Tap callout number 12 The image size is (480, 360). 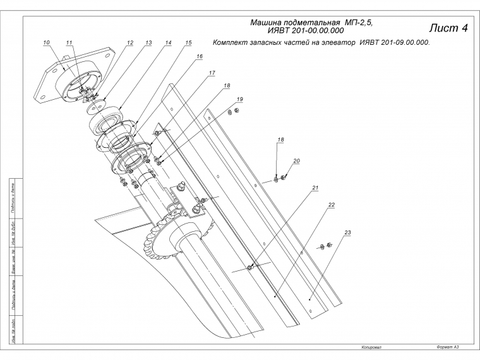tap(129, 43)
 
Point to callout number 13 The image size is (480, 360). tap(148, 43)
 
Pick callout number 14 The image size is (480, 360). tap(168, 43)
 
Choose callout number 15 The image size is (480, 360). tap(188, 43)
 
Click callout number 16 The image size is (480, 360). tap(200, 56)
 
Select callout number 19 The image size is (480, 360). tap(240, 99)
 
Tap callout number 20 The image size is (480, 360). tap(296, 161)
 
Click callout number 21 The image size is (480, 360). tap(315, 188)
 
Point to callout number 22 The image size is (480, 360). tap(331, 205)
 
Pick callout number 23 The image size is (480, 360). tap(347, 233)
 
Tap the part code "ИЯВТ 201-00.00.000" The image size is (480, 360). tap(306, 30)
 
